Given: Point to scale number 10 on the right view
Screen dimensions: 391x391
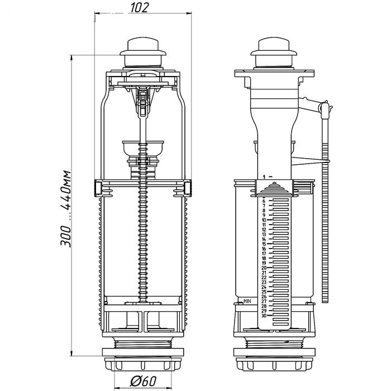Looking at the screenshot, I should pos(264,220).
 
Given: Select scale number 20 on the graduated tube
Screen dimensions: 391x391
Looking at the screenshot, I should pos(264,268).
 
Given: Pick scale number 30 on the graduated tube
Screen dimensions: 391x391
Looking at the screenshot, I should pos(264,315).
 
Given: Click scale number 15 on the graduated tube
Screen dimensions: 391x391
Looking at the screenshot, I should pos(264,244).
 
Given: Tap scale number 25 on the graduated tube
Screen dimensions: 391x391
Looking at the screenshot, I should pos(264,292).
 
